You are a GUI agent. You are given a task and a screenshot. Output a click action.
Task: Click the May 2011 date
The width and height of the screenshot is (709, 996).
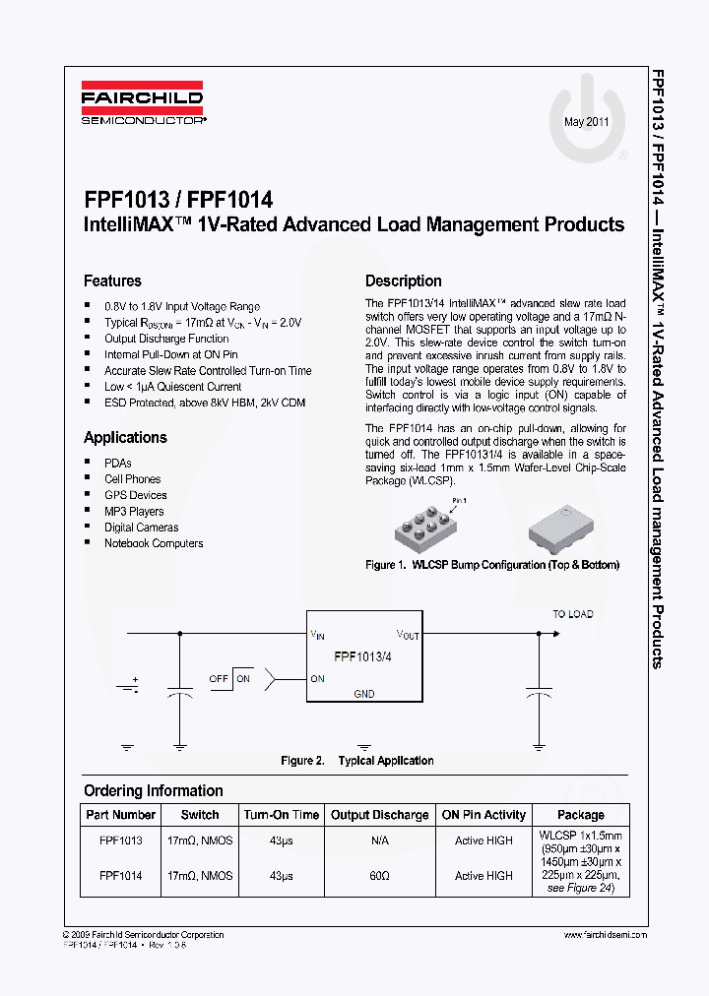point(586,122)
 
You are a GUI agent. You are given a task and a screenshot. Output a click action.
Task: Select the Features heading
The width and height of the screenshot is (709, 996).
point(112,280)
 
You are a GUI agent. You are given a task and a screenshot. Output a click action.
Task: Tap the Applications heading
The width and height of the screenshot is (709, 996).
point(125,437)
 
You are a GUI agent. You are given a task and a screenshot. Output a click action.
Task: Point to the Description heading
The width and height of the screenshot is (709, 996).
point(404,280)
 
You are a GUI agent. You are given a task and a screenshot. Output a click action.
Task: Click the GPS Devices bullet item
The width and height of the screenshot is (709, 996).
point(136,495)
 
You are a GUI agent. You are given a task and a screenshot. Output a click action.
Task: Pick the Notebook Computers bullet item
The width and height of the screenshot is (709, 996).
point(154,543)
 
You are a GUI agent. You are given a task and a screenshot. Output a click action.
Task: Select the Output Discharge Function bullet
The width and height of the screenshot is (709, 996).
point(166,338)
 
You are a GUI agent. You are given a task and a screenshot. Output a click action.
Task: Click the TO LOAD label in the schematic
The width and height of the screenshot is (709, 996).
point(572,614)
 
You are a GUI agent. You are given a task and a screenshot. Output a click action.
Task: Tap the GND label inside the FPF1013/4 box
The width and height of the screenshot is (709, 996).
point(364,693)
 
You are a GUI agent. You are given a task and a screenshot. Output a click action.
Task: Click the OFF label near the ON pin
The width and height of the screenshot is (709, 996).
point(219,679)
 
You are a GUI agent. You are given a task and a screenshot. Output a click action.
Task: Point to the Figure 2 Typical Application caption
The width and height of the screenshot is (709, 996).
point(357,761)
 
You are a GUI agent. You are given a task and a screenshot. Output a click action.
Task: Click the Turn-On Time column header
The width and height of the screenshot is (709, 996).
point(282,815)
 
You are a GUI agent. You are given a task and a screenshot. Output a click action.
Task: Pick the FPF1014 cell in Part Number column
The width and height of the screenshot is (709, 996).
point(121,876)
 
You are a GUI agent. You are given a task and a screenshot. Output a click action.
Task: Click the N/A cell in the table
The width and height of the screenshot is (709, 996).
point(380,840)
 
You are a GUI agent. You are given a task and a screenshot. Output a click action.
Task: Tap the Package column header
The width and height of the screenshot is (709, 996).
point(581,815)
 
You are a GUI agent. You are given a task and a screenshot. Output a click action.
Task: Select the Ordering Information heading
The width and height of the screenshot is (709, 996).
point(154,790)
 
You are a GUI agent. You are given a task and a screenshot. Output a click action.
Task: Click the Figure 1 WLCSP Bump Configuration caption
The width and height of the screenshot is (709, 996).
point(492,565)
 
